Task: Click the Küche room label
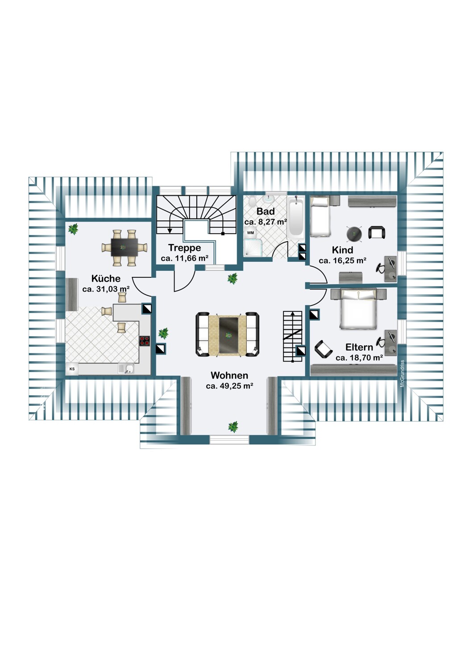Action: (x=106, y=278)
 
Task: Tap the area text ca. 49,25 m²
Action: (x=229, y=386)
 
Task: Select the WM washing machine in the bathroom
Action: (x=250, y=233)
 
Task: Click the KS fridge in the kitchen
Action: (x=72, y=369)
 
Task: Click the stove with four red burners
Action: (x=145, y=341)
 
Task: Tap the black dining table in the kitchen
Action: (x=124, y=247)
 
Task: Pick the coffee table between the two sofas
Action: (x=228, y=335)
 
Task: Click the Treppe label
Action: (x=184, y=248)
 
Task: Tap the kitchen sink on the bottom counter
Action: (x=126, y=369)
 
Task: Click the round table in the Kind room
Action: (x=354, y=234)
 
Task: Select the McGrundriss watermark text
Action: (x=402, y=374)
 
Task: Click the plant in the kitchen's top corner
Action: (x=73, y=229)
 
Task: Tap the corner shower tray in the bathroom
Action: (x=254, y=248)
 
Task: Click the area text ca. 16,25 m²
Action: (x=342, y=261)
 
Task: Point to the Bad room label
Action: (x=266, y=211)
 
